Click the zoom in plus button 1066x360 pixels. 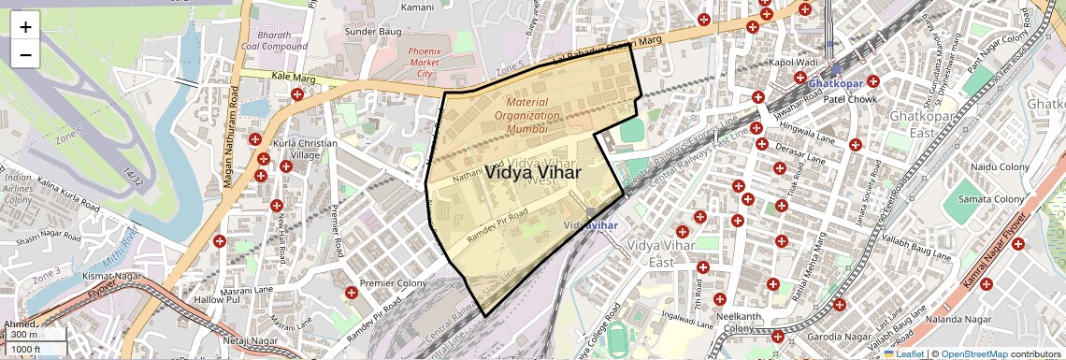coord(25,27)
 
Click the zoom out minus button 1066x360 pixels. coord(25,55)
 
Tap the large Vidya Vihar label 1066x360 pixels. coord(533,173)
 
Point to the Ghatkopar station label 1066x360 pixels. coord(833,83)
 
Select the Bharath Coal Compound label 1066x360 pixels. coord(280,43)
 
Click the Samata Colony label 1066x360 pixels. coord(996,199)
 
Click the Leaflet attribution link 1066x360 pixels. coord(904,353)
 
